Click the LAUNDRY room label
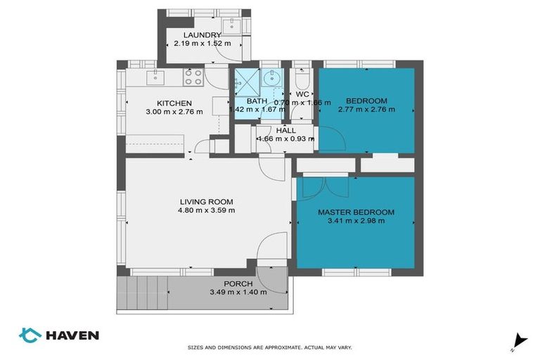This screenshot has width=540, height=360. tap(202, 35)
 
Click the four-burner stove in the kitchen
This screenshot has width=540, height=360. tap(193, 76)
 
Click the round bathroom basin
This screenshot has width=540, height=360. tap(271, 80)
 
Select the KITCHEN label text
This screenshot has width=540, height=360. tap(174, 103)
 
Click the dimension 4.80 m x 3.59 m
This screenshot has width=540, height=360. tap(207, 210)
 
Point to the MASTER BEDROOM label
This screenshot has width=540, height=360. tap(356, 212)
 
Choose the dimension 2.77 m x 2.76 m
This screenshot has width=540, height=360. tap(366, 110)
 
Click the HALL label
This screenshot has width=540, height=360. tap(285, 130)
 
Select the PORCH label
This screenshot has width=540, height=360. tap(229, 283)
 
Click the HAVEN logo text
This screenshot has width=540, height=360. tap(72, 335)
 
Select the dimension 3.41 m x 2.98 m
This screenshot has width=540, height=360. tap(356, 221)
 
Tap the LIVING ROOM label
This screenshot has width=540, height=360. tap(207, 201)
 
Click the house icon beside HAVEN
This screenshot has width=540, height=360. tap(30, 335)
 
